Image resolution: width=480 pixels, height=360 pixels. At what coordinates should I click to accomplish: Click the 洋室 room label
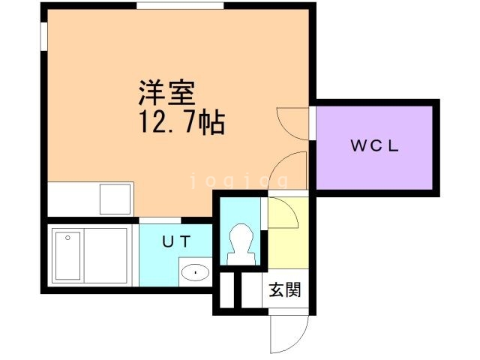(167, 93)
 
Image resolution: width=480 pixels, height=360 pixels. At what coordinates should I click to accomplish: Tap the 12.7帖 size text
(181, 122)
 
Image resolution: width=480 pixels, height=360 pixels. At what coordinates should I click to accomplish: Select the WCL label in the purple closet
(375, 145)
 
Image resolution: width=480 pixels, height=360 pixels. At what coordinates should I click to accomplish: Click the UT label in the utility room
(177, 241)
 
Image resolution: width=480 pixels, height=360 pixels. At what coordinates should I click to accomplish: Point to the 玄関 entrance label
(285, 289)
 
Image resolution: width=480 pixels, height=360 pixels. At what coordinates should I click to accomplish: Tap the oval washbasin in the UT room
(195, 271)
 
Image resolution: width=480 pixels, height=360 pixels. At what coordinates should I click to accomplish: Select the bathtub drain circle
(67, 238)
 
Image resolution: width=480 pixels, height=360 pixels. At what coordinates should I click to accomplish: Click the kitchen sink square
(115, 199)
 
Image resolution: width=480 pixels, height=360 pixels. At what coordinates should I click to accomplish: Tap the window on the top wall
(180, 5)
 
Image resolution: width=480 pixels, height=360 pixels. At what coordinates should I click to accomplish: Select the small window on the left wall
(44, 36)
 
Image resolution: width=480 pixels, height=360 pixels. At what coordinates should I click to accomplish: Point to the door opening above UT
(160, 220)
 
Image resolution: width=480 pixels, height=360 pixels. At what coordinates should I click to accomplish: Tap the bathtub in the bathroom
(67, 256)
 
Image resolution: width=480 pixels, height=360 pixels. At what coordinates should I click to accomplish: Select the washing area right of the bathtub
(105, 256)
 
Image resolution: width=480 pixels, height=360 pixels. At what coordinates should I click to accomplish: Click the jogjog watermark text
(239, 181)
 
